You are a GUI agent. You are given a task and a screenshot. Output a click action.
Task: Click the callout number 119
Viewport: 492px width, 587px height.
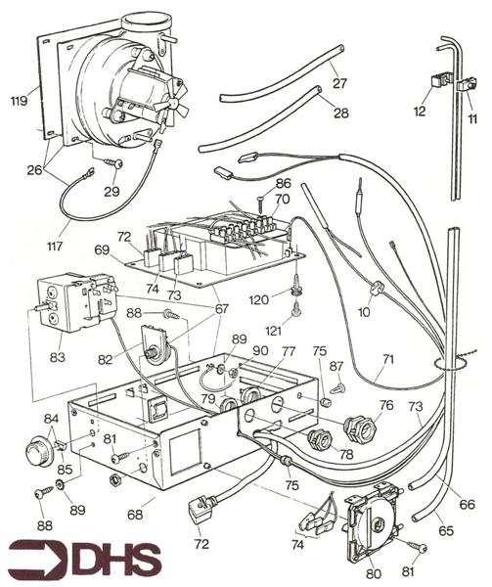(x=17, y=100)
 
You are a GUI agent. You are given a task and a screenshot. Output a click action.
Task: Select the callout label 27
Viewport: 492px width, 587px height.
(x=338, y=83)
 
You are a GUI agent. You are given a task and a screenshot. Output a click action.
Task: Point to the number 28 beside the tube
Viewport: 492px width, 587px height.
(x=338, y=114)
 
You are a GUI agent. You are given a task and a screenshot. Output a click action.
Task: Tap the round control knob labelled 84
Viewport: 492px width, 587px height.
(x=37, y=454)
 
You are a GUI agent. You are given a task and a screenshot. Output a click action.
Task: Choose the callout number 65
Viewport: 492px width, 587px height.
(x=447, y=528)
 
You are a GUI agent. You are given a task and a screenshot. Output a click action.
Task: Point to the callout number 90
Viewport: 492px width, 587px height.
(x=259, y=350)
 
